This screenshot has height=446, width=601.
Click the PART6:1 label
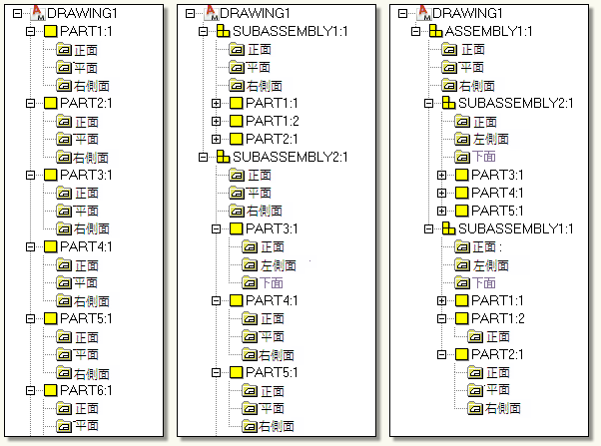[x=87, y=390]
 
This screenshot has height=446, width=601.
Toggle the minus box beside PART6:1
[x=31, y=390]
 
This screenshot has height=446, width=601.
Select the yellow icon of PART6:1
[x=50, y=390]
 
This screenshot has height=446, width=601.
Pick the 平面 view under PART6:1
[x=86, y=426]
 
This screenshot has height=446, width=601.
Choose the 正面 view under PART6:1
[x=86, y=408]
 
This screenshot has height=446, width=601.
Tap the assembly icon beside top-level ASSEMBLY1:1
[x=435, y=31]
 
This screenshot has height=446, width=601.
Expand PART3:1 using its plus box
[x=442, y=175]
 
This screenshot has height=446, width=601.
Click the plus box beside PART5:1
[x=442, y=211]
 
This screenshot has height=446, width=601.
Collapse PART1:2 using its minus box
[x=442, y=318]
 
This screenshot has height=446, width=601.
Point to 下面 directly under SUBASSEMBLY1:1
[x=483, y=282]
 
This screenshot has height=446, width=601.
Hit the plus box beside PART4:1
[x=442, y=193]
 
